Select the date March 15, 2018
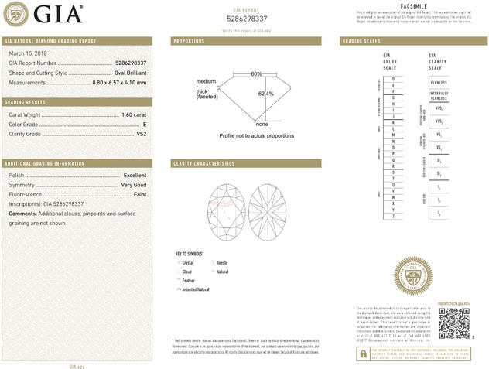(x=27, y=53)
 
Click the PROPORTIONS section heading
(x=189, y=40)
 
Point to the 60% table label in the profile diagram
(x=256, y=73)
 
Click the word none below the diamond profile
(x=262, y=124)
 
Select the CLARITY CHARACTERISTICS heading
(x=203, y=164)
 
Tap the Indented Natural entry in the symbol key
(x=196, y=289)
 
